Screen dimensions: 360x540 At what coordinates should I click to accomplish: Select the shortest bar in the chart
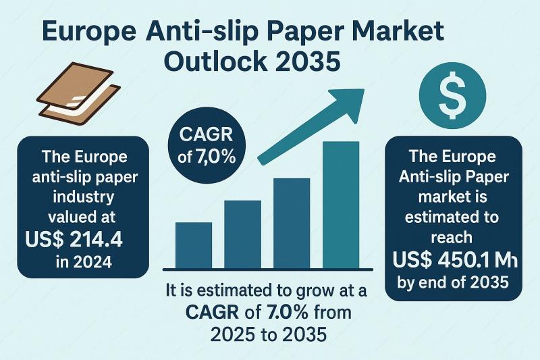point(193,244)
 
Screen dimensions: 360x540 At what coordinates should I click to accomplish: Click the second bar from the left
point(243,233)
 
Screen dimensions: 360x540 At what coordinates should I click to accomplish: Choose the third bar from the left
point(292,222)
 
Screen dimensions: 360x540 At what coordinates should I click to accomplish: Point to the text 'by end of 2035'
point(454,282)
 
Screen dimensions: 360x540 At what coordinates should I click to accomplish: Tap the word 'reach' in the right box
point(454,238)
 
